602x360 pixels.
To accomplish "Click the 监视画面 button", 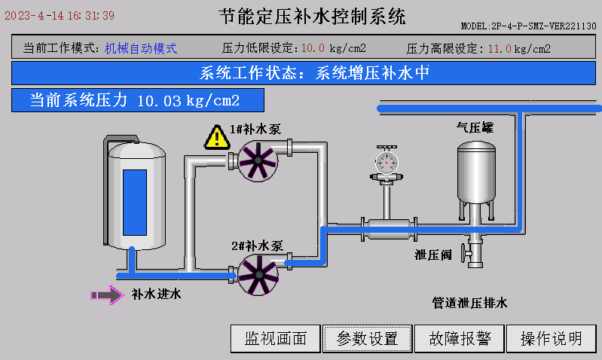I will pos(276,339).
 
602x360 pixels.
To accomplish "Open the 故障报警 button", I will pos(460,339).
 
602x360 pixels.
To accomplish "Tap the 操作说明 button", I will pos(552,339).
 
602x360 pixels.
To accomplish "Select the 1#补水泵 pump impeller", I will pos(255,160).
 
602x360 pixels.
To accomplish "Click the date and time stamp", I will pos(60,15).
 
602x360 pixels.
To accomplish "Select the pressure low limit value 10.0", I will pos(313,49).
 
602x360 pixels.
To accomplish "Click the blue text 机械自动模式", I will pos(141,48).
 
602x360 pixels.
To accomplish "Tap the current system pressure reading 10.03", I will pos(160,100).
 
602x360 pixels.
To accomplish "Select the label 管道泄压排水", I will pos(470,303).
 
